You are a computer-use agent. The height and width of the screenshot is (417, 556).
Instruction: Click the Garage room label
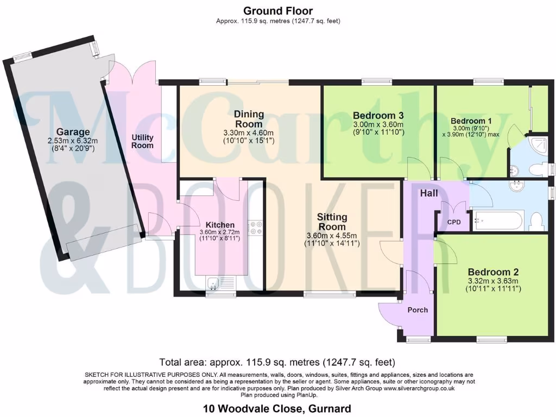point(72,132)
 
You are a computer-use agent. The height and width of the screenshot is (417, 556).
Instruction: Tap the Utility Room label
point(142,141)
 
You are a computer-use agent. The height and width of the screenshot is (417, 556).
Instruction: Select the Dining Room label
point(249,119)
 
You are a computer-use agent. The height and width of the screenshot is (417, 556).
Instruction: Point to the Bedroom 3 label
point(378,116)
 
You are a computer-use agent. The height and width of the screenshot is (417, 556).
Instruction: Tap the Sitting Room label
point(332,222)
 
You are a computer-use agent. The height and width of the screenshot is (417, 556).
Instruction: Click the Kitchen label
point(220,225)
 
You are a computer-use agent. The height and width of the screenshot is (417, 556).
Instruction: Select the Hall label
point(428,193)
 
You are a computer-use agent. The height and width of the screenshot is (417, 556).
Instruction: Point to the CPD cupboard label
point(453,222)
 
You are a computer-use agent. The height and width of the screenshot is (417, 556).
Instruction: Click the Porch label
point(418,309)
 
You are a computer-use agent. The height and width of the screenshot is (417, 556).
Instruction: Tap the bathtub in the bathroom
point(498,220)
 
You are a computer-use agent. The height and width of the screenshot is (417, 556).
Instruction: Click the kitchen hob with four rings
point(255,228)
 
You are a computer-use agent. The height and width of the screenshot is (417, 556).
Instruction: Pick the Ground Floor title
point(278,11)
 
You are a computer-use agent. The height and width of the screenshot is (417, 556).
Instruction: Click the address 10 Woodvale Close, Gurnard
point(277,408)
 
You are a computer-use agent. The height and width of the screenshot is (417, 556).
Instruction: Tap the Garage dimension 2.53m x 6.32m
point(72,141)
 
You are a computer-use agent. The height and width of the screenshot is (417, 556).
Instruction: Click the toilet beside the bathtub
point(536,221)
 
